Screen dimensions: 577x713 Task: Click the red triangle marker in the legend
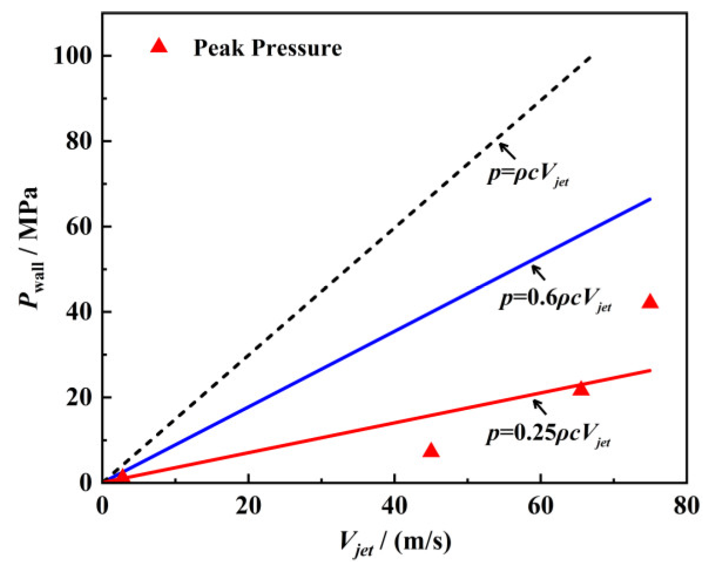click(x=158, y=46)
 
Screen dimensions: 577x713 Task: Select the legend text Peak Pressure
click(x=268, y=47)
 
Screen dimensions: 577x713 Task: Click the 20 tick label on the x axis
click(x=248, y=505)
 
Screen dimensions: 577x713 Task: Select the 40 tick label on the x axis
click(x=394, y=505)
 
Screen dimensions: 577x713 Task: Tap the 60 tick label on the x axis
click(x=540, y=505)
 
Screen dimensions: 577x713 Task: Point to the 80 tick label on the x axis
click(x=685, y=505)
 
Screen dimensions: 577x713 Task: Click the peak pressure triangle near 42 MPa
click(x=650, y=302)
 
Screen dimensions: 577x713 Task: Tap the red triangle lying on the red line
click(x=580, y=388)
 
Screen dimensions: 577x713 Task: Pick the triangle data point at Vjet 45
click(x=431, y=450)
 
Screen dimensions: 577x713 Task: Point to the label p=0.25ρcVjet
click(x=548, y=436)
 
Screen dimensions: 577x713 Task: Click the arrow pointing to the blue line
click(x=538, y=273)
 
